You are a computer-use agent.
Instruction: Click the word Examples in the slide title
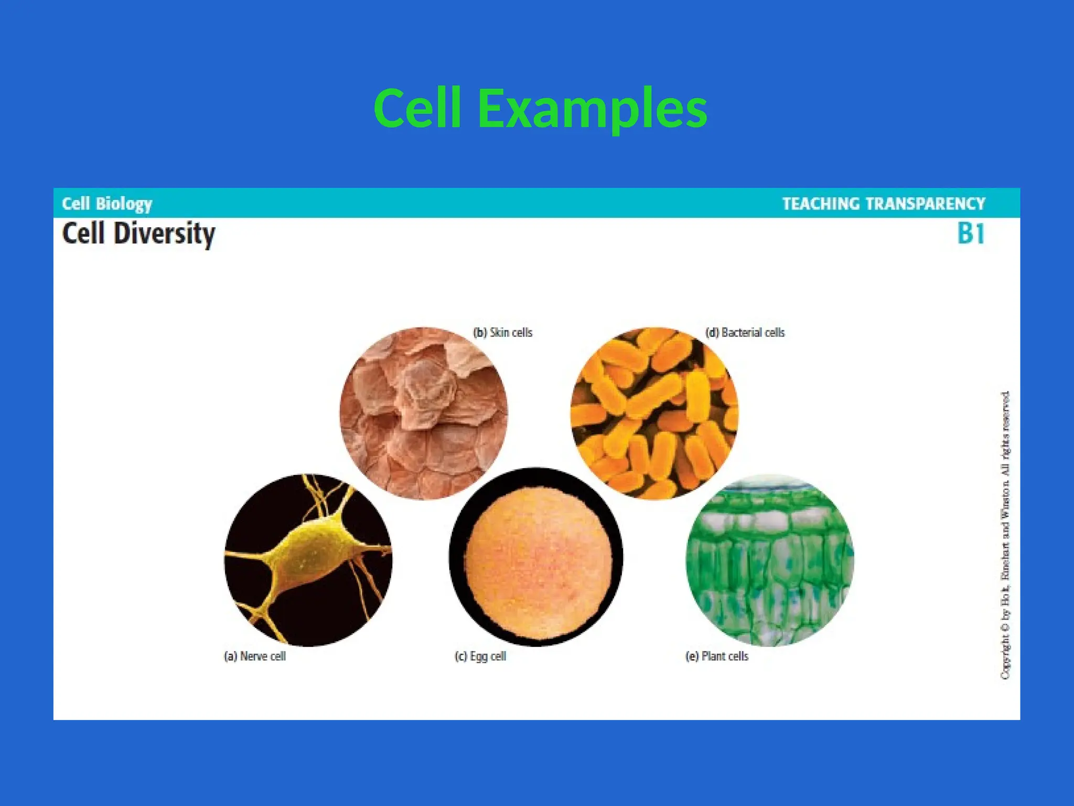point(593,109)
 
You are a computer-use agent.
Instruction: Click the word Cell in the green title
point(417,109)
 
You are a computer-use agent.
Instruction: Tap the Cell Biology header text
point(107,204)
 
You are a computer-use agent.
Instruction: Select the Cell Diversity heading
point(138,234)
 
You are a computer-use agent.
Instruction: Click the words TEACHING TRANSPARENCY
point(884,204)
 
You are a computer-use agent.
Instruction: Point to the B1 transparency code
point(971,234)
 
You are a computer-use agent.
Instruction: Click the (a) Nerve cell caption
point(255,656)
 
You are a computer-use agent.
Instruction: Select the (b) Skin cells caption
point(502,333)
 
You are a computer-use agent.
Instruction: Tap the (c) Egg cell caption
point(480,656)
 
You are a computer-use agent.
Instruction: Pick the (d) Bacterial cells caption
point(745,333)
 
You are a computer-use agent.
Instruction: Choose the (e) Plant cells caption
point(717,656)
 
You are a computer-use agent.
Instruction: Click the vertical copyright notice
point(1005,535)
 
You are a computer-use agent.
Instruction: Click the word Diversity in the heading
point(164,234)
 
